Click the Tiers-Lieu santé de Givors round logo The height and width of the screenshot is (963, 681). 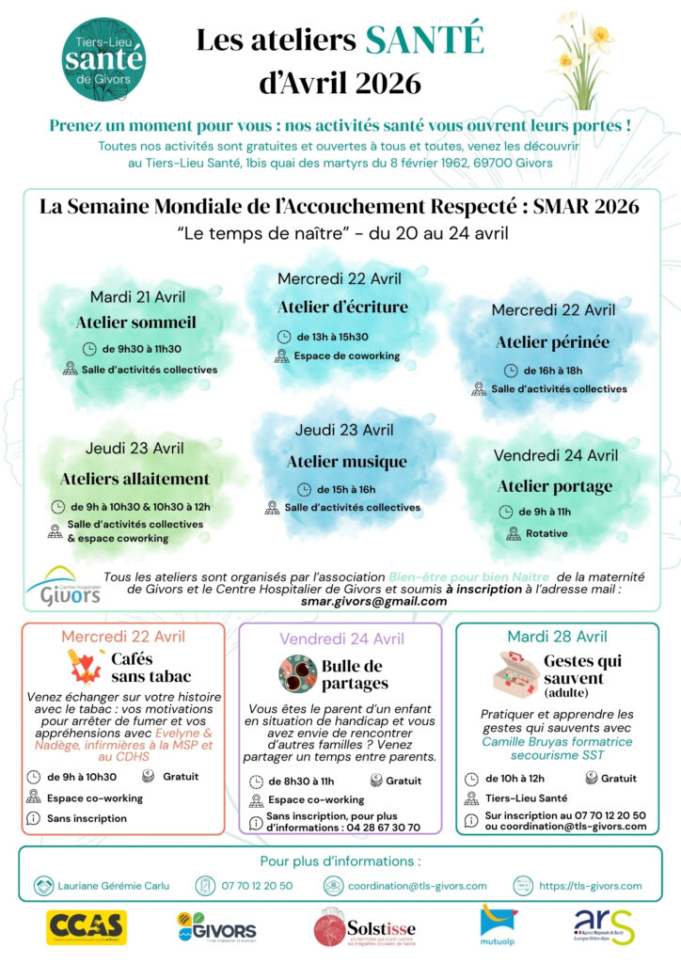click(104, 54)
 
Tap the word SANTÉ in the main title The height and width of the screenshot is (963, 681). click(424, 39)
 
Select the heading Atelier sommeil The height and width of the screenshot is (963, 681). click(136, 323)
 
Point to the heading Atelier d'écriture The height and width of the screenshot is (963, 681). click(342, 307)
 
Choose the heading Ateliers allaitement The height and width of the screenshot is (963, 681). click(135, 479)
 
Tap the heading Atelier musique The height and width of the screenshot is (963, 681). click(346, 462)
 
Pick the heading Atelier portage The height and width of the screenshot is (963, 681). click(554, 486)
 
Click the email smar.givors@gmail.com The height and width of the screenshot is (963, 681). click(359, 600)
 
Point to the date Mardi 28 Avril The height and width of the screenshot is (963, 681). click(557, 637)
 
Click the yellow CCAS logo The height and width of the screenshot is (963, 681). click(87, 926)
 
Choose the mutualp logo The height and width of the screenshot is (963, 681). click(498, 925)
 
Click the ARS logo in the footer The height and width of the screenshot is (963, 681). click(604, 926)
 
